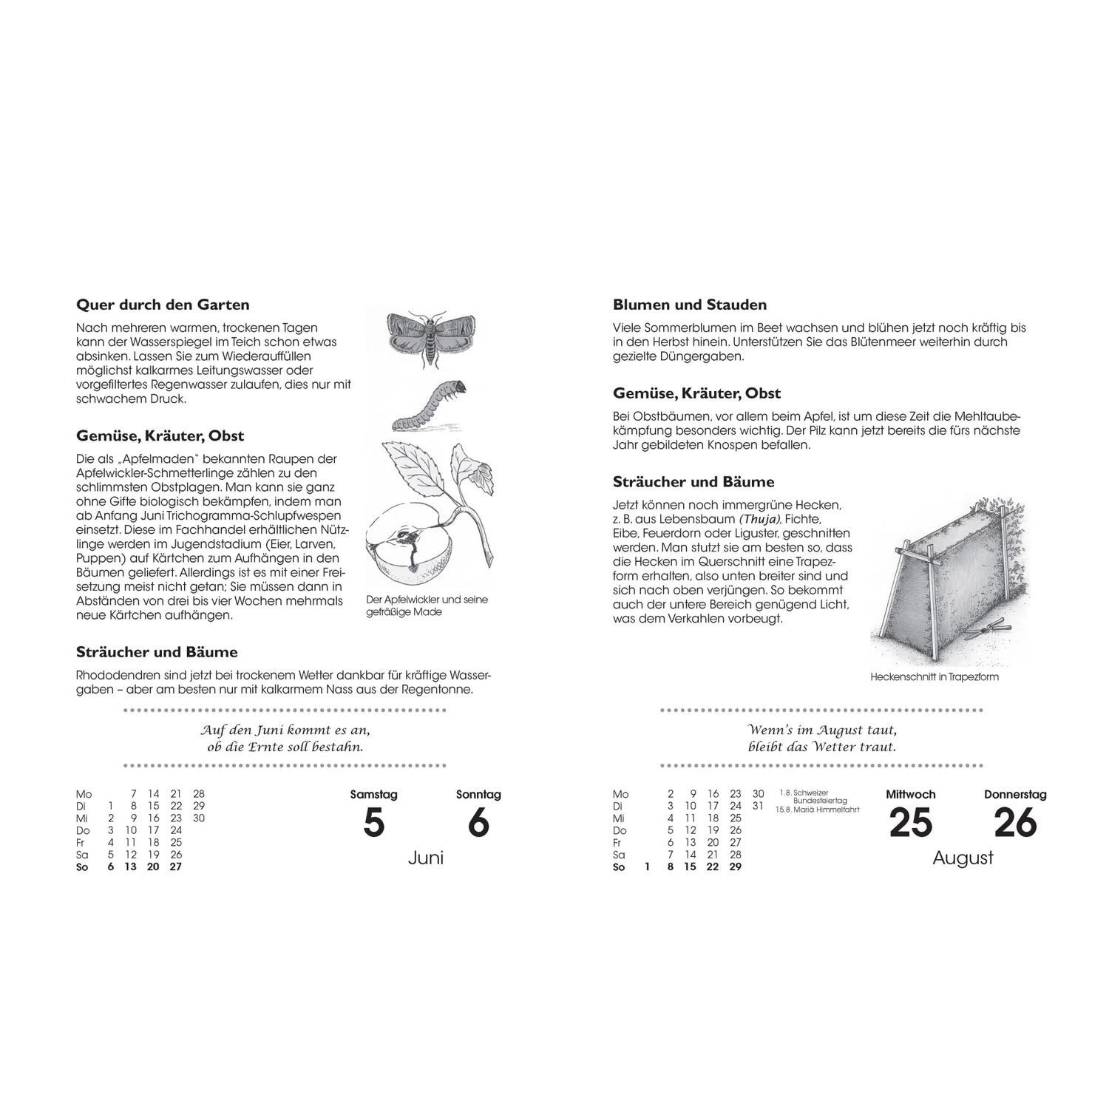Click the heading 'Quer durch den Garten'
click(x=163, y=305)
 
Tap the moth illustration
click(x=431, y=339)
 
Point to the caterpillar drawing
click(x=430, y=405)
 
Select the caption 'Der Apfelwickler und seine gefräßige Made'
click(x=427, y=606)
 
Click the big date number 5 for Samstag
click(x=374, y=823)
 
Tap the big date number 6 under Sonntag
click(x=479, y=823)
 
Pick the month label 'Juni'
click(x=426, y=858)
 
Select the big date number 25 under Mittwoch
click(x=911, y=823)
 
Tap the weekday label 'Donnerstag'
click(x=1015, y=795)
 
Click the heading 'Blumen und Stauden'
click(x=690, y=305)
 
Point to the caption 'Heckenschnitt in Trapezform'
click(x=935, y=676)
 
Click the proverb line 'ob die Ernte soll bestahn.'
click(x=285, y=746)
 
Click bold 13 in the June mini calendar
click(x=131, y=866)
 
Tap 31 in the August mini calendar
click(x=757, y=806)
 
